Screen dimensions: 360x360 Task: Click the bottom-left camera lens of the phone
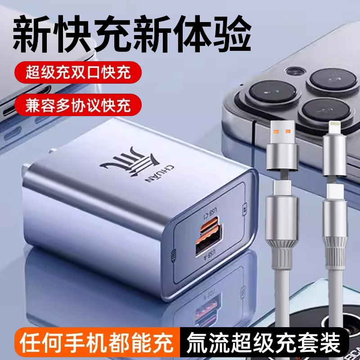click(269, 95)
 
